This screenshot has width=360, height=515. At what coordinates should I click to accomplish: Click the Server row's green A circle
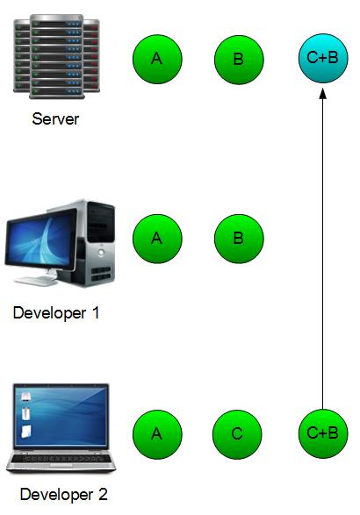157,59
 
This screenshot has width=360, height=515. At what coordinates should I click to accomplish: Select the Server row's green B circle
239,60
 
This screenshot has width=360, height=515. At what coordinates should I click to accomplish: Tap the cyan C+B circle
323,58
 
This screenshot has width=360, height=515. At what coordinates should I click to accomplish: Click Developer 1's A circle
157,239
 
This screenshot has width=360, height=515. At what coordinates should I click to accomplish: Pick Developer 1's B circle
239,239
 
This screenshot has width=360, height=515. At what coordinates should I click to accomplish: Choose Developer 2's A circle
157,434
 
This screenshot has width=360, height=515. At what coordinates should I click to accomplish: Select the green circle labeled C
237,434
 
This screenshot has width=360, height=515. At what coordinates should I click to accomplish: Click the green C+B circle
323,433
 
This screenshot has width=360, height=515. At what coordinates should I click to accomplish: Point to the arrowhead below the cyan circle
323,93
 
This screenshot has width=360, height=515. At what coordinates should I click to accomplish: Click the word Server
55,119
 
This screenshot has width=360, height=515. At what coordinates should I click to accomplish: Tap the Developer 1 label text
56,313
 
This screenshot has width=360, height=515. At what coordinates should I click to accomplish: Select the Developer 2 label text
64,494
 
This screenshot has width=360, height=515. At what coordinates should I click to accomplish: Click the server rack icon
56,56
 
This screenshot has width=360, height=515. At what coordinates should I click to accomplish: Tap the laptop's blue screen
61,416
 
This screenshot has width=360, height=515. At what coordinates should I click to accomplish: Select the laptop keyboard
61,458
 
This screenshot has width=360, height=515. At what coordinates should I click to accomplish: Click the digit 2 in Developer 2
103,494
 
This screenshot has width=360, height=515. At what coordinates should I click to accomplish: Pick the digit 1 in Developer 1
96,312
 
